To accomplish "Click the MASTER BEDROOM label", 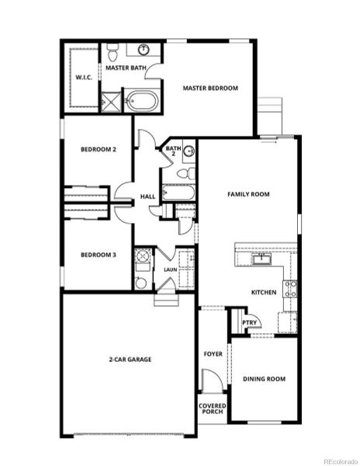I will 209,89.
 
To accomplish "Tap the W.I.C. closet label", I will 84,78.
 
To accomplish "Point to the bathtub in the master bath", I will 144,101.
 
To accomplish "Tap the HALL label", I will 147,199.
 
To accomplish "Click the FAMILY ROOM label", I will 247,194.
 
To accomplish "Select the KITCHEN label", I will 264,292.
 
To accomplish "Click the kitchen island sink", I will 262,259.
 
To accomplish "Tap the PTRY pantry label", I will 249,323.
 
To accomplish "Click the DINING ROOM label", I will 265,379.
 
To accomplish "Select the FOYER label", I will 213,354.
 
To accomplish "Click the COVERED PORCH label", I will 212,409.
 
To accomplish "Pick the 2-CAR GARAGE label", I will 130,360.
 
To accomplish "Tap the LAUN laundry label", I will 170,270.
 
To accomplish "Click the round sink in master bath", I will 144,50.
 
